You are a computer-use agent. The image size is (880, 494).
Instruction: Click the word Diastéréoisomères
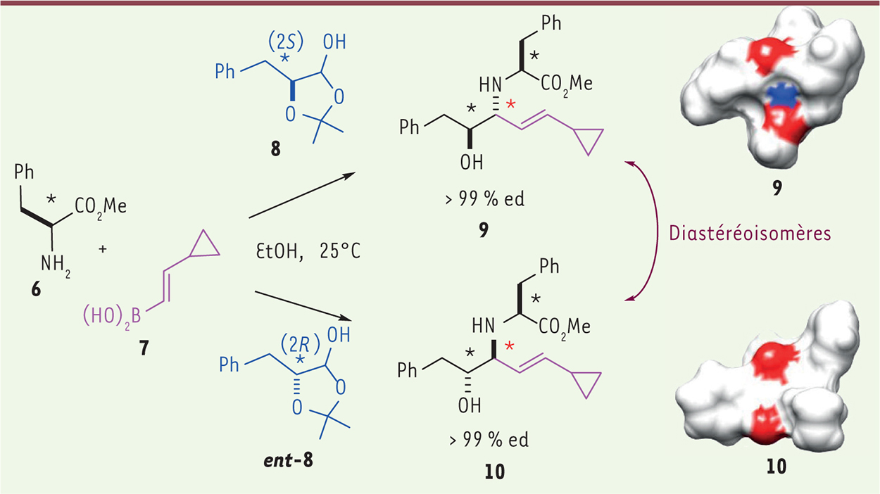(750, 234)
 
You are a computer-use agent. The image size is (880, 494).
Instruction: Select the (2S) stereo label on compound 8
(286, 42)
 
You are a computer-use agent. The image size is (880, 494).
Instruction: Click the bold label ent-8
(289, 460)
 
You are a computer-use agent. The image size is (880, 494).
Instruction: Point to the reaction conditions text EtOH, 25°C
(308, 251)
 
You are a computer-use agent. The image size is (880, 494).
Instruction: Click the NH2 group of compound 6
(56, 265)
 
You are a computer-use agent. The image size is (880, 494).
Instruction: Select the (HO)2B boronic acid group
(112, 317)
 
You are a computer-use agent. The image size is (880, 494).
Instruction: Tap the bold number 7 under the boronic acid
(144, 348)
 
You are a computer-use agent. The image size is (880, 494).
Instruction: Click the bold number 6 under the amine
(36, 290)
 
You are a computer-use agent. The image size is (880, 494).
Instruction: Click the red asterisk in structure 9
(510, 104)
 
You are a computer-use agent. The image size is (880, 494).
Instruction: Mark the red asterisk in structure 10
(509, 346)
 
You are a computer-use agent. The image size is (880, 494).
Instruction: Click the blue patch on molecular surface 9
(783, 96)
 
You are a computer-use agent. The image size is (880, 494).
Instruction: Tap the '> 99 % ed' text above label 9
(485, 199)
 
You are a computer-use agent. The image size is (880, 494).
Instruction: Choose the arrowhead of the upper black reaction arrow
(348, 175)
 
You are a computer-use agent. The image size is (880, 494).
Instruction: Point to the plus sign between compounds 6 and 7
(103, 249)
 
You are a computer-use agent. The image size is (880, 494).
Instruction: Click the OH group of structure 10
(470, 405)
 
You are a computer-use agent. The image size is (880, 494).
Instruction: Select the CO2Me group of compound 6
(101, 207)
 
